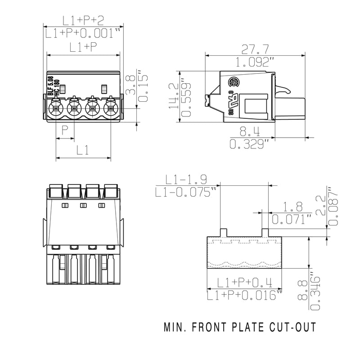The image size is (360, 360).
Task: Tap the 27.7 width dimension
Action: click(x=255, y=48)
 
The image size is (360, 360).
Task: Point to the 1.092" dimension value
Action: click(x=255, y=62)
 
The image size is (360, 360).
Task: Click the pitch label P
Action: click(x=65, y=131)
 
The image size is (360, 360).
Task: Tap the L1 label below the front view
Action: click(x=83, y=151)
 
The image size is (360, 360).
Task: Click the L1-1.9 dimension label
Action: click(x=186, y=180)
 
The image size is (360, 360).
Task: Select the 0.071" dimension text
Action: click(x=292, y=219)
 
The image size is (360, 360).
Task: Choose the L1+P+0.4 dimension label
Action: click(x=244, y=283)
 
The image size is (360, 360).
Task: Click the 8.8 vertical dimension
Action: click(x=303, y=290)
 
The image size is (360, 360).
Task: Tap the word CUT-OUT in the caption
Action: click(x=295, y=327)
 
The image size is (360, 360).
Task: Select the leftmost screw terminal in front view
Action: click(x=56, y=108)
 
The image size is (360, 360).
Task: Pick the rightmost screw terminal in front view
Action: click(x=111, y=108)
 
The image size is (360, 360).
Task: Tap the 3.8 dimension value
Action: click(x=129, y=85)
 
